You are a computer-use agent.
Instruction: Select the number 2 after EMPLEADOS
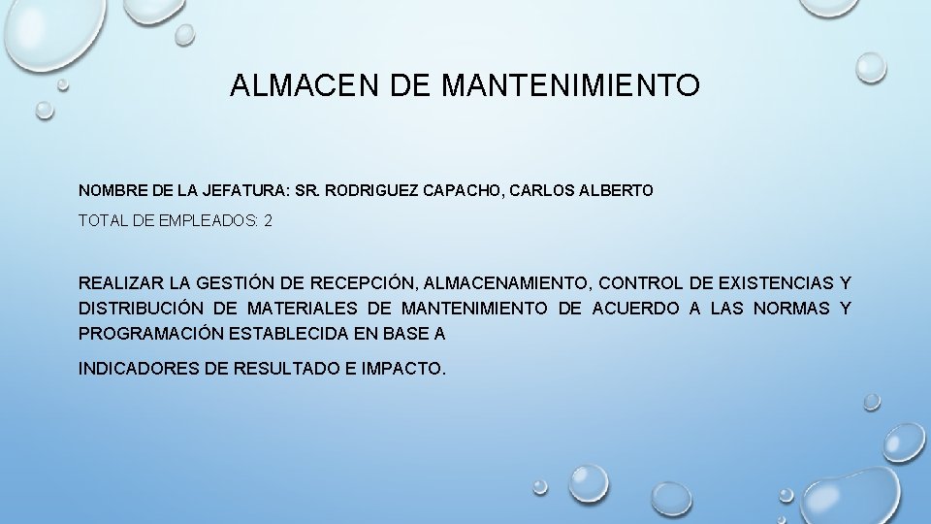pyautogui.click(x=268, y=221)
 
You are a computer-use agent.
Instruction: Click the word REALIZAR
pyautogui.click(x=121, y=283)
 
